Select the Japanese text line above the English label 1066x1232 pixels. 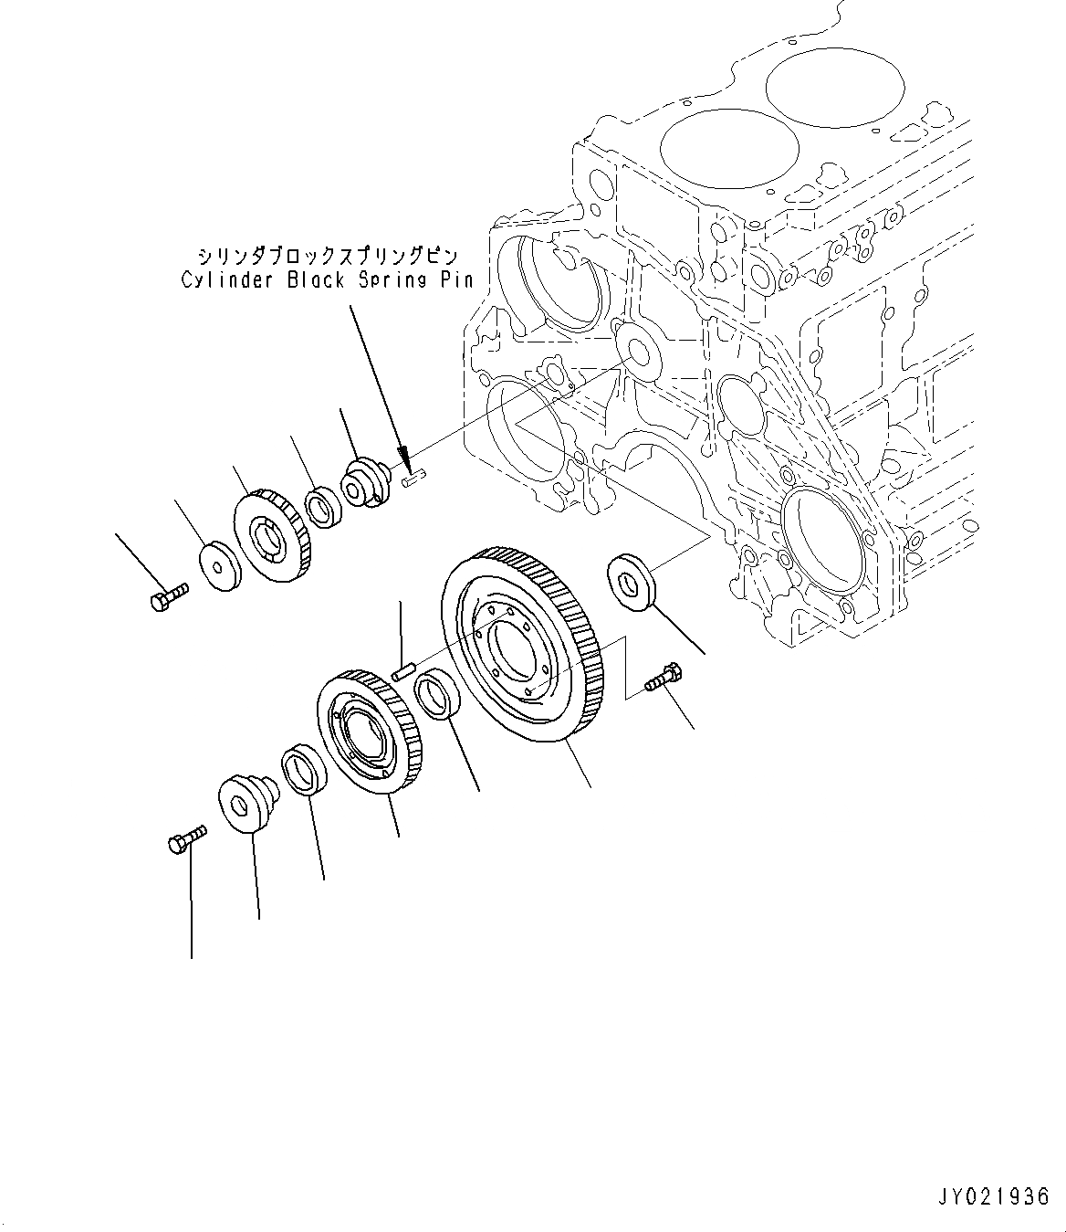click(x=327, y=256)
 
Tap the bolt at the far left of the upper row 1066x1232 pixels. click(x=167, y=596)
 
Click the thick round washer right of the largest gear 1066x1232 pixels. click(x=631, y=579)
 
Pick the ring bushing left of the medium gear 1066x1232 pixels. click(x=304, y=769)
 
